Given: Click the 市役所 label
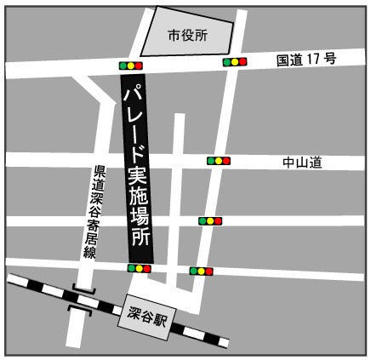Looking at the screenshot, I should click(187, 36).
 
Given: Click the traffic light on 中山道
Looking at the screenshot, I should click(219, 160).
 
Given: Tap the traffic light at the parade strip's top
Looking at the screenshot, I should click(131, 65).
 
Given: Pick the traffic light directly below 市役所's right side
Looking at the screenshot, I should click(234, 62).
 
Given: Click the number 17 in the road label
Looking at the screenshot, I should click(318, 61).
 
